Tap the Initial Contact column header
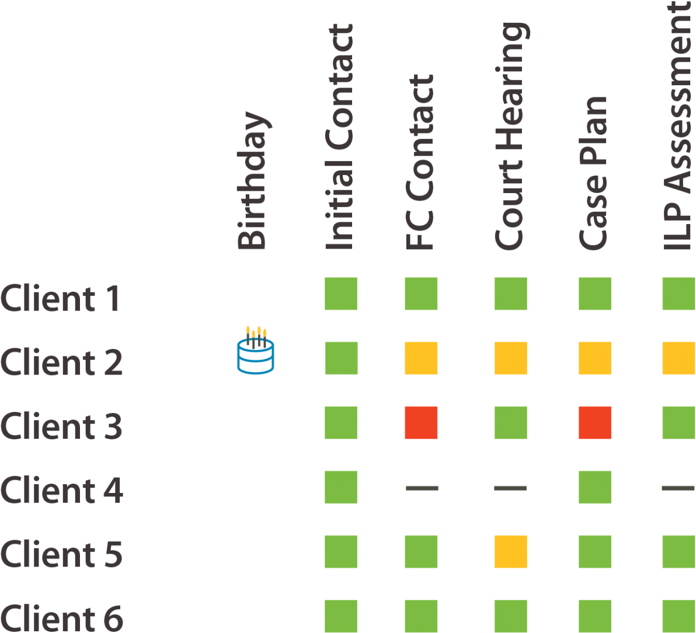(340, 137)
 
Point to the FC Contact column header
(420, 163)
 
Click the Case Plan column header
(594, 173)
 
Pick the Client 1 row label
(60, 299)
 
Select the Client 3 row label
(61, 426)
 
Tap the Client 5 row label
(61, 554)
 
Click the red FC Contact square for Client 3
(421, 422)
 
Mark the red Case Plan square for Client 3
(595, 422)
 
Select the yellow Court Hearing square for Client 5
(510, 552)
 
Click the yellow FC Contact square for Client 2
(421, 358)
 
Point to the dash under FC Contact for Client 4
(421, 487)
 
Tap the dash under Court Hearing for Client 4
(510, 487)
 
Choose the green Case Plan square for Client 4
(595, 487)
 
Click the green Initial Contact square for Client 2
(341, 358)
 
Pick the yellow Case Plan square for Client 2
(595, 358)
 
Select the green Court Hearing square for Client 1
(510, 293)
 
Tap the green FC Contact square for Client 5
(421, 552)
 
